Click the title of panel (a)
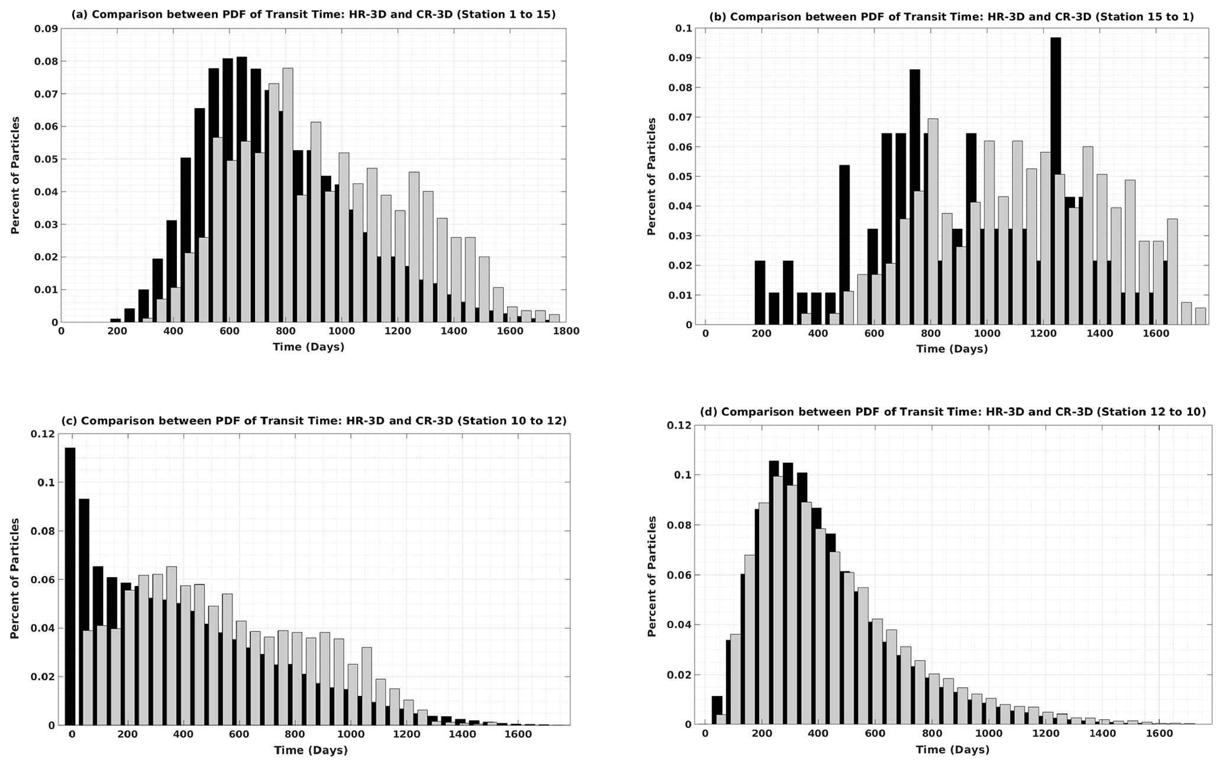click(x=314, y=14)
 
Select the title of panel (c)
click(x=314, y=421)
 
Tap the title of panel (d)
click(x=953, y=412)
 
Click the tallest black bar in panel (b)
click(x=1056, y=177)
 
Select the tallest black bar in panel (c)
click(x=70, y=585)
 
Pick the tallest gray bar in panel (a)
click(x=288, y=195)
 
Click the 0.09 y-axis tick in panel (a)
click(x=46, y=29)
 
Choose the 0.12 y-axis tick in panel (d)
click(x=680, y=425)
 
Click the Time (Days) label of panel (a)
click(x=308, y=347)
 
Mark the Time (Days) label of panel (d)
click(x=953, y=750)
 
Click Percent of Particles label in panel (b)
click(x=651, y=176)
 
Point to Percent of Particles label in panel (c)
click(x=15, y=578)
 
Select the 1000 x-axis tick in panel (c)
click(x=351, y=734)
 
